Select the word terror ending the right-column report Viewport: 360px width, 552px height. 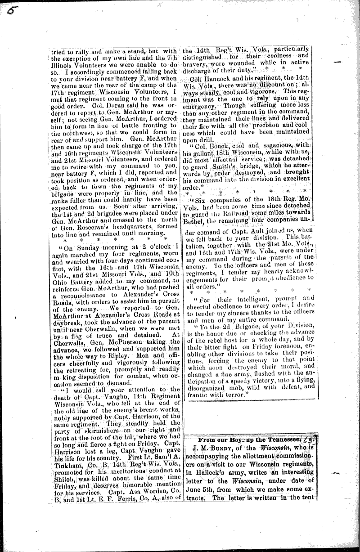(232, 394)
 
